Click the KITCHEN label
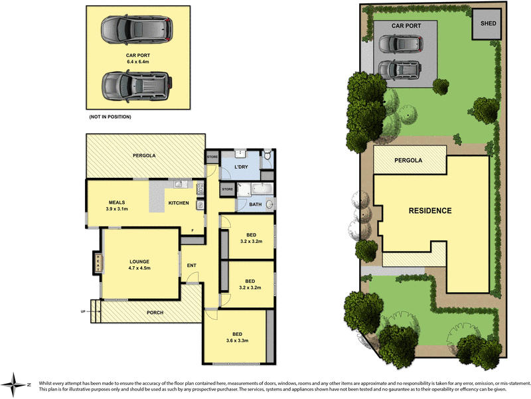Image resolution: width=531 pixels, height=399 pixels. [179, 202]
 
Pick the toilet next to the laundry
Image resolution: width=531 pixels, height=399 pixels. [266, 156]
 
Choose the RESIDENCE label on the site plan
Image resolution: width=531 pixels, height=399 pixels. [429, 210]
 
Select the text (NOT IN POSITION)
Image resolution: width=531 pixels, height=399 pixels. [110, 117]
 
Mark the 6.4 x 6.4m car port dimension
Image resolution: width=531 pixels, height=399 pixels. [137, 62]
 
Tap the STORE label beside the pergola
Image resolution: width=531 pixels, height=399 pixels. [212, 157]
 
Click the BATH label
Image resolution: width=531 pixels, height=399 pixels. [255, 204]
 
